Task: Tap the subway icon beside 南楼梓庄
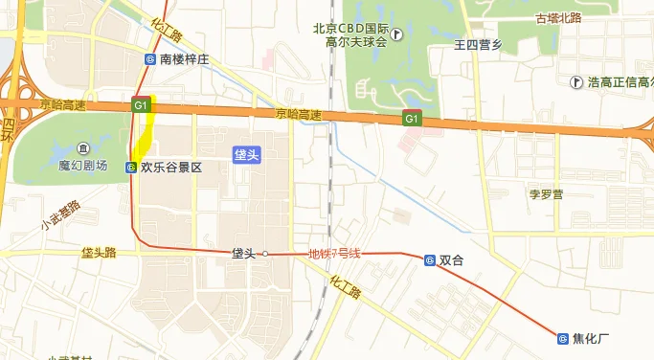point(150,59)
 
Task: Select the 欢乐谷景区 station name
point(171,167)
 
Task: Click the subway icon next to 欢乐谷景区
point(130,167)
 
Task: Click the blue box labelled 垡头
point(246,154)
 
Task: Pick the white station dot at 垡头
point(266,254)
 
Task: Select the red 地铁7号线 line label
point(333,254)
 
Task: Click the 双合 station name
point(452,259)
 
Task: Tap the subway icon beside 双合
point(430,259)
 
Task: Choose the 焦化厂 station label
point(591,337)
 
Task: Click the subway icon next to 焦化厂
point(563,337)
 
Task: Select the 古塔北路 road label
point(559,17)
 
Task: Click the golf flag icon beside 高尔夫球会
point(397,34)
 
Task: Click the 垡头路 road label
point(98,253)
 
